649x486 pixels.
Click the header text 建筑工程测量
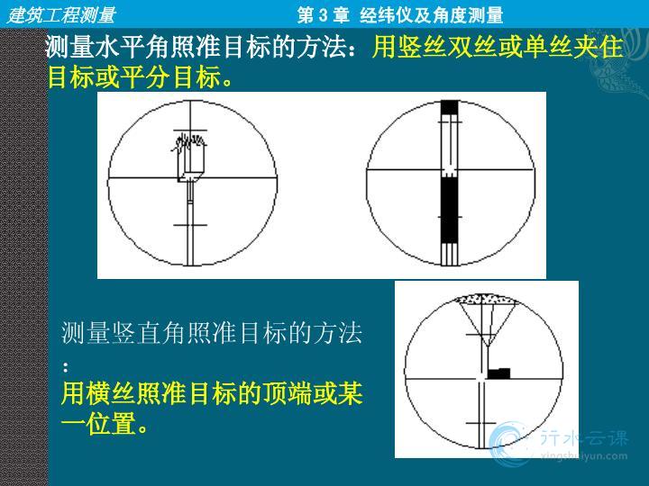[61, 15]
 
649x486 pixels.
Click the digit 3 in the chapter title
[324, 15]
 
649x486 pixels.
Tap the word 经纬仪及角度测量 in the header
[431, 15]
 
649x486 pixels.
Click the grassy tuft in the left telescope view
[189, 142]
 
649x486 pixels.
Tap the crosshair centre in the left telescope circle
[190, 178]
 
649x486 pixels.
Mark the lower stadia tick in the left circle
[190, 225]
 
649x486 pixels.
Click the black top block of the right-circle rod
[450, 107]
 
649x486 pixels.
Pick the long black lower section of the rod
[450, 210]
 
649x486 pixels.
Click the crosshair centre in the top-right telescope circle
[450, 169]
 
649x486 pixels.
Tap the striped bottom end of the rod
[450, 254]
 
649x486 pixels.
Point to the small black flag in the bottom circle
[498, 373]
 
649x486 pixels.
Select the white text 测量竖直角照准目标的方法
[212, 333]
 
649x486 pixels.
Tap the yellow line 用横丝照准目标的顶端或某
[212, 393]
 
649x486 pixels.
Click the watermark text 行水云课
[584, 438]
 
